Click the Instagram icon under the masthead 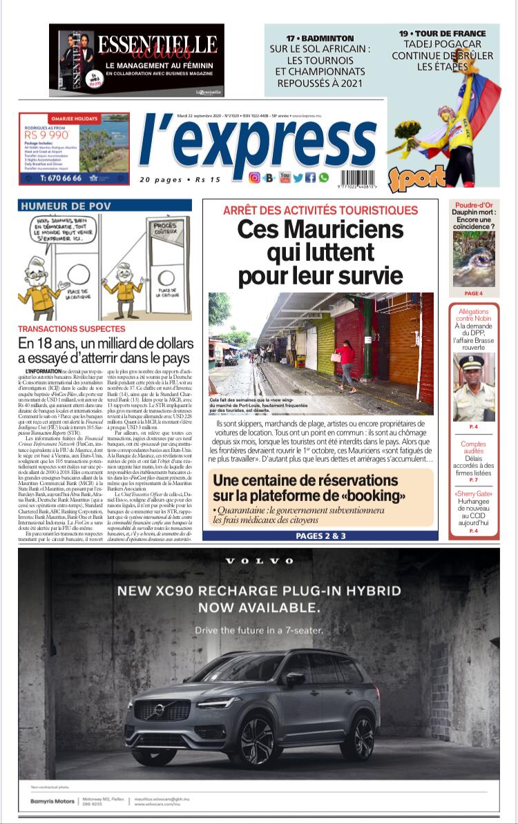click(254, 178)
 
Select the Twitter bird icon click(298, 178)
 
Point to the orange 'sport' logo click(417, 177)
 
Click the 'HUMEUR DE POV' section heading click(66, 206)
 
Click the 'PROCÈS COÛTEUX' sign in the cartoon click(164, 230)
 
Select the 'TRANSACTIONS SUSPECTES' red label click(72, 329)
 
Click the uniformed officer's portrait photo click(474, 387)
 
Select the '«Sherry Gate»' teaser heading click(474, 494)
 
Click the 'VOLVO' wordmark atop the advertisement click(259, 561)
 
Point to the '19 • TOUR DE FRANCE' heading click(452, 33)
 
